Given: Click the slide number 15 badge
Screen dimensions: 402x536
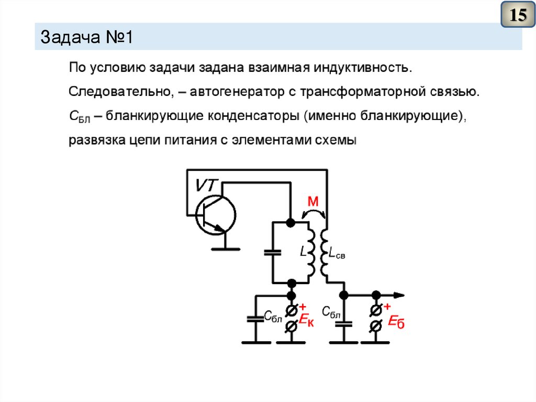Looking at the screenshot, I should pyautogui.click(x=518, y=15).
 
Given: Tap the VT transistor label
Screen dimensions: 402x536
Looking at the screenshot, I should pyautogui.click(x=208, y=185).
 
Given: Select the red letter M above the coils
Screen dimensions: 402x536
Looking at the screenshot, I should pyautogui.click(x=312, y=201).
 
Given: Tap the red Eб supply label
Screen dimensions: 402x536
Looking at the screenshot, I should pyautogui.click(x=396, y=322).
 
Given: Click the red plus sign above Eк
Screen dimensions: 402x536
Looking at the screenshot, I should pyautogui.click(x=302, y=307).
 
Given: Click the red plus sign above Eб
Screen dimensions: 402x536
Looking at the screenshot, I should pyautogui.click(x=387, y=307).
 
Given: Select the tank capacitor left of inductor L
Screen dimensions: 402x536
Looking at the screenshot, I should pyautogui.click(x=272, y=252).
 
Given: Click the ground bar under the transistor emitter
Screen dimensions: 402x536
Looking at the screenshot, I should pyautogui.click(x=225, y=249).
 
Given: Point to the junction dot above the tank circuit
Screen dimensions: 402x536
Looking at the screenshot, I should pyautogui.click(x=291, y=222).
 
